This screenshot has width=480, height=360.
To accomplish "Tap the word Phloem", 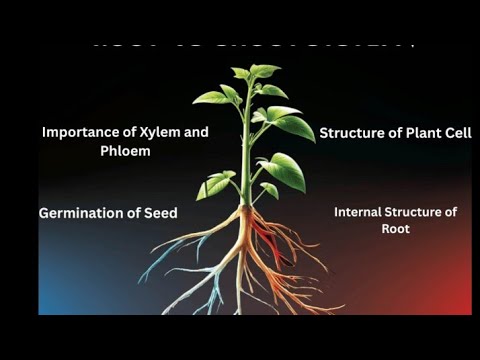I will pyautogui.click(x=68, y=151).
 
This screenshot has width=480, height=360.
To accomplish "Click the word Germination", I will pyautogui.click(x=83, y=213).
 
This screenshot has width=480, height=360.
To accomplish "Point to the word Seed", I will pyautogui.click(x=159, y=213).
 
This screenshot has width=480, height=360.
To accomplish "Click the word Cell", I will pyautogui.click(x=456, y=132).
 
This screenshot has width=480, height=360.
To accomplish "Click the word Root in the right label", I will pyautogui.click(x=395, y=228).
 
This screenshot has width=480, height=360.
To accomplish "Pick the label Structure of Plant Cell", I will pyautogui.click(x=395, y=132).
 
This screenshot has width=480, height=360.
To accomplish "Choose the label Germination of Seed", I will pyautogui.click(x=108, y=213).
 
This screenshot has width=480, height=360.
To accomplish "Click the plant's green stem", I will pyautogui.click(x=245, y=160).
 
